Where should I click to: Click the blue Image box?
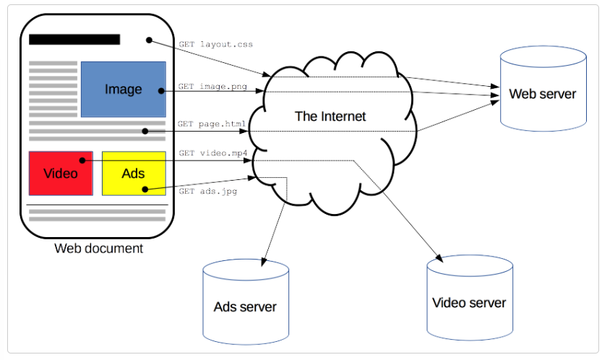pyautogui.click(x=123, y=89)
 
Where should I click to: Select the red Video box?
pyautogui.click(x=61, y=173)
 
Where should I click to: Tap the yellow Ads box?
pyautogui.click(x=134, y=173)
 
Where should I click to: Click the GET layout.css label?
pyautogui.click(x=215, y=44)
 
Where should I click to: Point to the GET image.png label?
pyautogui.click(x=212, y=86)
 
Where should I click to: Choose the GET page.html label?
pyautogui.click(x=212, y=124)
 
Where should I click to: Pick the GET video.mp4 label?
pyautogui.click(x=212, y=153)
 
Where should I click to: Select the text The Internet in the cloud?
pyautogui.click(x=330, y=116)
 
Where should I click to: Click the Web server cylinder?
pyautogui.click(x=542, y=94)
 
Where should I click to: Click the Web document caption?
pyautogui.click(x=98, y=249)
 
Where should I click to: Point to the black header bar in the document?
pyautogui.click(x=74, y=40)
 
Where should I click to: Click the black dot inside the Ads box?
pyautogui.click(x=145, y=189)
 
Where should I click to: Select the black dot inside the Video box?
pyautogui.click(x=83, y=160)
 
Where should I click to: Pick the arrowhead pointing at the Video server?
pyautogui.click(x=438, y=256)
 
